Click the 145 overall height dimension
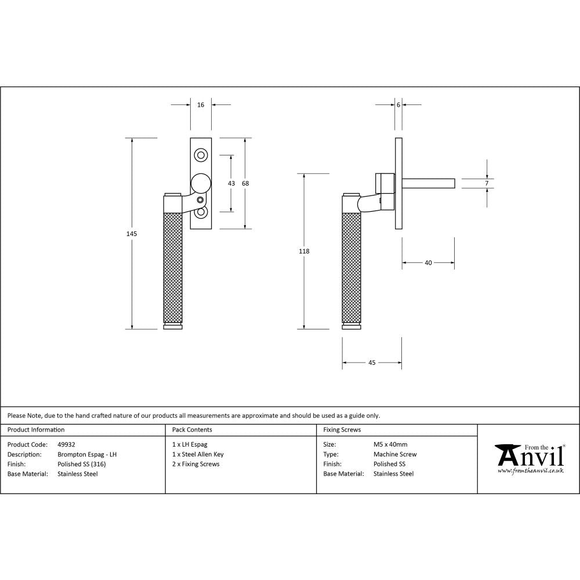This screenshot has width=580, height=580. click(132, 233)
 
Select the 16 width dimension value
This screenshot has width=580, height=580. click(201, 105)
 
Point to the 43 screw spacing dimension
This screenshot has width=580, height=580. click(231, 183)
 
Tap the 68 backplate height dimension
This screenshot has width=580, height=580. click(245, 183)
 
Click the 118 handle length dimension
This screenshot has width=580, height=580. click(304, 251)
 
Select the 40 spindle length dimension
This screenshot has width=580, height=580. click(428, 263)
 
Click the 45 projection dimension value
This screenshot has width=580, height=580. click(372, 362)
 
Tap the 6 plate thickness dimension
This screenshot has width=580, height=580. click(399, 105)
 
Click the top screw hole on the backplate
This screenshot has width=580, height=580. click(201, 155)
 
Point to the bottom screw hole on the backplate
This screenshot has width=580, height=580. click(201, 213)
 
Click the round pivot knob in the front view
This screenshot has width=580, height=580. click(201, 183)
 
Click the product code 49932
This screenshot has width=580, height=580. click(67, 445)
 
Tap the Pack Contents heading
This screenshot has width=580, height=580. click(192, 430)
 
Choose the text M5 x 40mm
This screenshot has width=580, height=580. click(390, 445)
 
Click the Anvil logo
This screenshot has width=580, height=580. click(529, 458)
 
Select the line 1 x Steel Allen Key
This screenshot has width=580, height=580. click(198, 455)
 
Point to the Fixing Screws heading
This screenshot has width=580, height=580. click(342, 430)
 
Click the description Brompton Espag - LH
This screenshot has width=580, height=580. click(87, 455)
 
